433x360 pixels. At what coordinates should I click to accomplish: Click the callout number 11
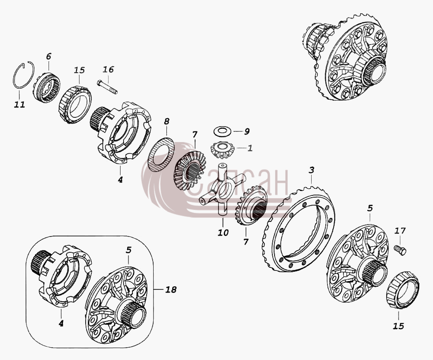click(19, 105)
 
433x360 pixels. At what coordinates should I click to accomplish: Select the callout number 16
click(108, 69)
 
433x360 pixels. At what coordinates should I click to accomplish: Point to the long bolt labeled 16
click(107, 86)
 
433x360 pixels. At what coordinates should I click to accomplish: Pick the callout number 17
click(400, 231)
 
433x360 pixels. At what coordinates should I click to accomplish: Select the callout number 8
click(166, 121)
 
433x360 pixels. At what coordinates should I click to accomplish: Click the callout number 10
click(223, 232)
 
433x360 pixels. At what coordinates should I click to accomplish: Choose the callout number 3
click(312, 170)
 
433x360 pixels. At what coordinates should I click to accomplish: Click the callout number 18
click(171, 289)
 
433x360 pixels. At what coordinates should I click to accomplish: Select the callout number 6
click(49, 56)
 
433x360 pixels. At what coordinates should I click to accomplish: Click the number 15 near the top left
click(79, 70)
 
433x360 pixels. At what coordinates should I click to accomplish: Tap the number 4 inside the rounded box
click(61, 323)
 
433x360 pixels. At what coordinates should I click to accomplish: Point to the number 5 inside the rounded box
click(128, 250)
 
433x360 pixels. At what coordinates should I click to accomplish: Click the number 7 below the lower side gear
click(246, 242)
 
